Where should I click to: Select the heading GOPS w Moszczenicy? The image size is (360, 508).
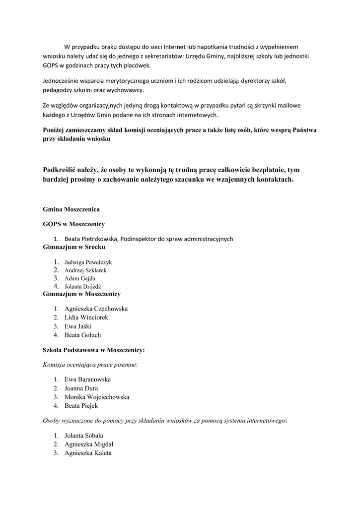coord(73,224)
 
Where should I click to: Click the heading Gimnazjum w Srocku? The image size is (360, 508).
coord(74,247)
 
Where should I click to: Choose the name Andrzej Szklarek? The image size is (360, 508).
coord(85,270)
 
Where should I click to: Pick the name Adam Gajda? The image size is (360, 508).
coord(79,278)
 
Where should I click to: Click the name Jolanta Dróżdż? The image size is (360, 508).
coord(82,287)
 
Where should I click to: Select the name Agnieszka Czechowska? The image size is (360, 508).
coord(96,309)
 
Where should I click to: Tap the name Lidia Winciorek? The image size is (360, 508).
coord(86,317)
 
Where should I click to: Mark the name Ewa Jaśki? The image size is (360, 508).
coord(78,326)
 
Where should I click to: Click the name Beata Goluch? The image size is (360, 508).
coord(82,335)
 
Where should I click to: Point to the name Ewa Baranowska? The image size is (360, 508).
coord(87,380)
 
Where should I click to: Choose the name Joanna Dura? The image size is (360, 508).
coord(81,388)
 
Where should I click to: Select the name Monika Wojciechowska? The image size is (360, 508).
coord(97,397)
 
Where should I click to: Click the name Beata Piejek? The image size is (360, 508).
coord(81,406)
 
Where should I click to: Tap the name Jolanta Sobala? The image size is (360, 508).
coord(83,436)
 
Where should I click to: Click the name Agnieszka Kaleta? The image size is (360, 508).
coord(88,453)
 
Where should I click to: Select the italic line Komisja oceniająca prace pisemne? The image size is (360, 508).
coord(91,365)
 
